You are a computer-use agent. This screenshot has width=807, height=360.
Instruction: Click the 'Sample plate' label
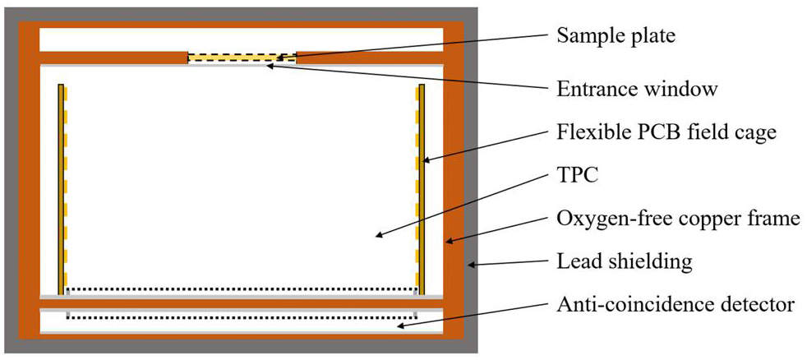coord(616,36)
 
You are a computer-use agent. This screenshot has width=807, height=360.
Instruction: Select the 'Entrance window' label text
coord(637,89)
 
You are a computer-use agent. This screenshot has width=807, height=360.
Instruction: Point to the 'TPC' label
coord(577,177)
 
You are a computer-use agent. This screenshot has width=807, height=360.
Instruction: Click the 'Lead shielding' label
coord(625,262)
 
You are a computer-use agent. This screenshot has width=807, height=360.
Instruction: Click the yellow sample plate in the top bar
coord(242,58)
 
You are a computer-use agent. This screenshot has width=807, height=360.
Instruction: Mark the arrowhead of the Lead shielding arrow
coord(470,265)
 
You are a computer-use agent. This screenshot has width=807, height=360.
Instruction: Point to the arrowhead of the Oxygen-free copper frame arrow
coord(449,241)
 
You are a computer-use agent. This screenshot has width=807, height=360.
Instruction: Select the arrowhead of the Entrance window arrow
coord(270,65)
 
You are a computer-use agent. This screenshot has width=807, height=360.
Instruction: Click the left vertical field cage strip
coord(62,189)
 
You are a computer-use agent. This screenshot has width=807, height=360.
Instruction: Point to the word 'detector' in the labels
coord(759,305)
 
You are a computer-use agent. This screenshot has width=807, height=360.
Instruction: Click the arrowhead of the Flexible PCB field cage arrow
coord(425,160)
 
